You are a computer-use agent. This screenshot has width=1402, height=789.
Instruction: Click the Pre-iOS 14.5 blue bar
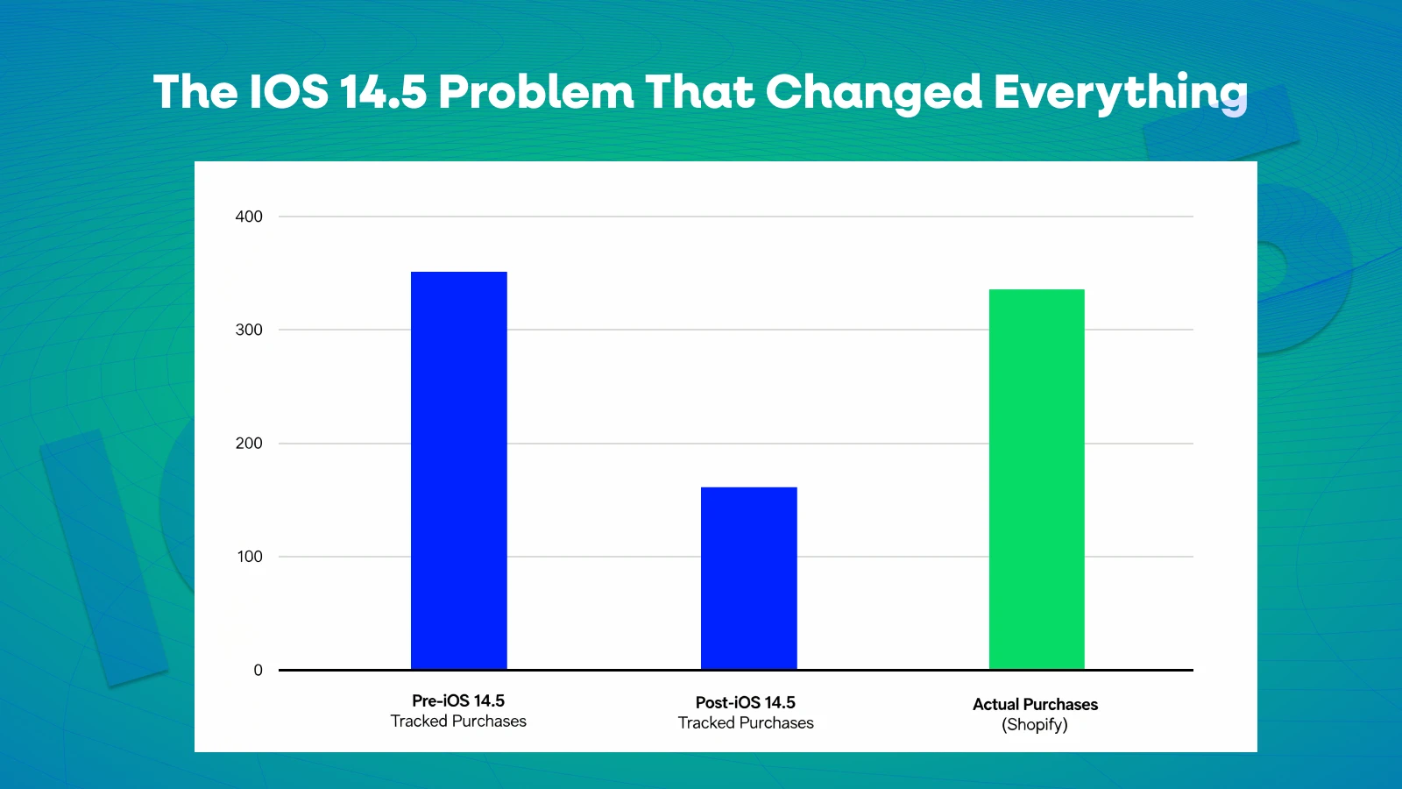[458, 471]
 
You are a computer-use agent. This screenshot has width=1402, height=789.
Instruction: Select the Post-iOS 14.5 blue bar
[748, 579]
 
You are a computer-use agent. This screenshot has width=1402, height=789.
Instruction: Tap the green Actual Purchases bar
[1037, 480]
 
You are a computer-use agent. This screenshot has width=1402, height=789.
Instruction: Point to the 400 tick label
[249, 217]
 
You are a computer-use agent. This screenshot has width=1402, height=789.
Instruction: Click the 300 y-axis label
[249, 330]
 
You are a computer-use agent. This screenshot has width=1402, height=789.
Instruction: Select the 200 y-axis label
[249, 444]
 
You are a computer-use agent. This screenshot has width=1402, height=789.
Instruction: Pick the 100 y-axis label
[250, 557]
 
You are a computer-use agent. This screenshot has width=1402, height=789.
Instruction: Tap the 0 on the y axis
[258, 671]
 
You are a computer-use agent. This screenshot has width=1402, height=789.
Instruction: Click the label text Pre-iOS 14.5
[458, 701]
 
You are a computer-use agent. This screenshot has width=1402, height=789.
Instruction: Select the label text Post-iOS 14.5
[746, 703]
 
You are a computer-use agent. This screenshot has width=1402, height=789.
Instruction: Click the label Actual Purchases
[1035, 705]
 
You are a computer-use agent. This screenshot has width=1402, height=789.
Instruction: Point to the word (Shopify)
[1035, 725]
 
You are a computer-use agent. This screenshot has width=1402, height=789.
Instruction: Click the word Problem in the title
[536, 92]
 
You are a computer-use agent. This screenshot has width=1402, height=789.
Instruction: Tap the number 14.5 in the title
[383, 92]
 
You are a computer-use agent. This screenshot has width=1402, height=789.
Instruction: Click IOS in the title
[289, 92]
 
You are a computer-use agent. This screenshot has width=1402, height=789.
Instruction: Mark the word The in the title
[195, 92]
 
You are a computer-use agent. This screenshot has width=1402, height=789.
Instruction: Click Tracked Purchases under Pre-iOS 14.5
[458, 721]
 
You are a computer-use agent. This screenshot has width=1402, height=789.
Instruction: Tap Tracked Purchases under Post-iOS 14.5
[746, 723]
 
